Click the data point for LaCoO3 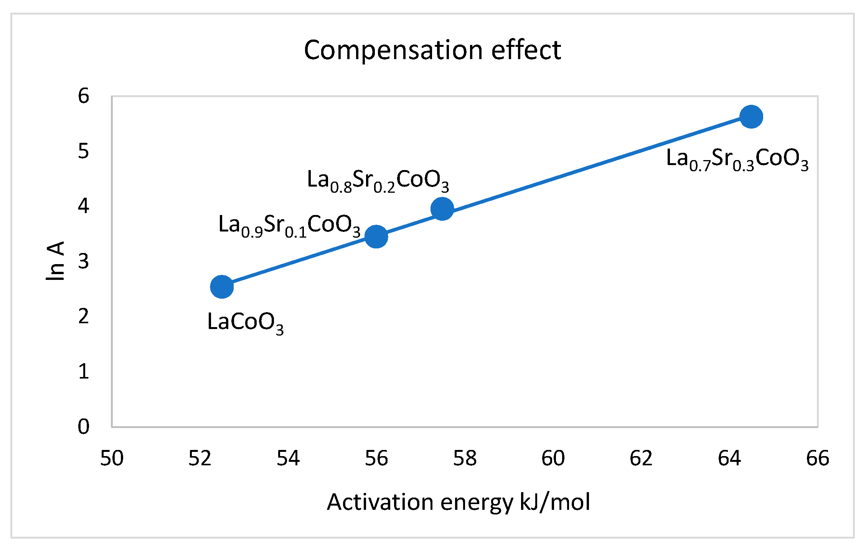pyautogui.click(x=222, y=286)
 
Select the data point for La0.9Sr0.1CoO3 pyautogui.click(x=376, y=236)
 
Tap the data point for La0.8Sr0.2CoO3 pyautogui.click(x=442, y=209)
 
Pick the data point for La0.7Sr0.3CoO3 pyautogui.click(x=751, y=117)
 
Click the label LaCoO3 pyautogui.click(x=245, y=322)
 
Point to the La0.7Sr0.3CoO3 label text pyautogui.click(x=737, y=159)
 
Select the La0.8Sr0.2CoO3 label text pyautogui.click(x=378, y=180)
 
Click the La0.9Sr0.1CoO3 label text pyautogui.click(x=289, y=225)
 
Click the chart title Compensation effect pyautogui.click(x=432, y=50)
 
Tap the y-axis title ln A pyautogui.click(x=55, y=261)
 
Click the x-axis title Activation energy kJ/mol pyautogui.click(x=458, y=502)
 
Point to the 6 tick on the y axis pyautogui.click(x=83, y=96)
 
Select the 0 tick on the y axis pyautogui.click(x=83, y=427)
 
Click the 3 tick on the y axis pyautogui.click(x=83, y=261)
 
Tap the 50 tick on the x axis pyautogui.click(x=112, y=458)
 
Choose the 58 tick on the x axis pyautogui.click(x=465, y=458)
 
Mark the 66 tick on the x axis pyautogui.click(x=818, y=458)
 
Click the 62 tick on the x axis pyautogui.click(x=641, y=458)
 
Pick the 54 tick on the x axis pyautogui.click(x=288, y=458)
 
